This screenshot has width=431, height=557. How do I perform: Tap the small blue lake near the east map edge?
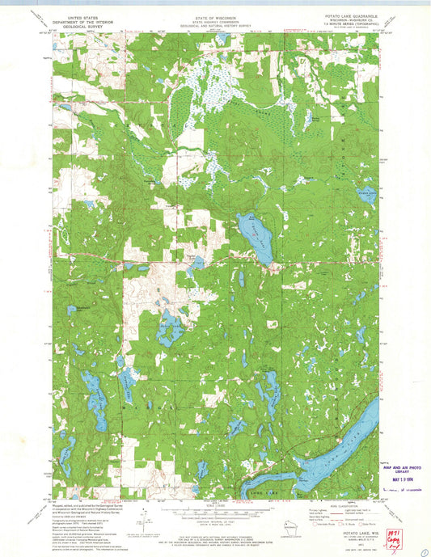(x=367, y=196)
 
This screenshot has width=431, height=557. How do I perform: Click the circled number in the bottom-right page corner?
(x=424, y=548)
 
